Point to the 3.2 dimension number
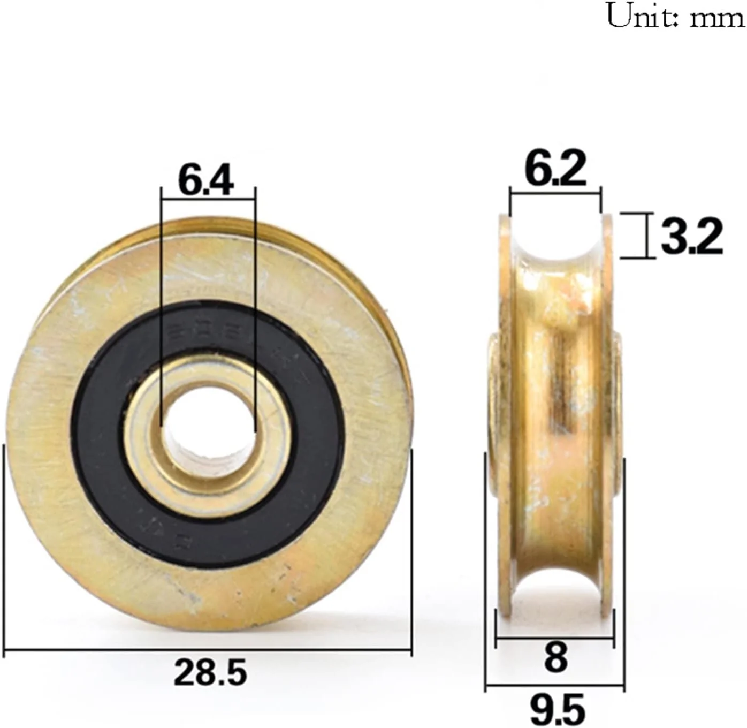tap(691, 237)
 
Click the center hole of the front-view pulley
tap(208, 427)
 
